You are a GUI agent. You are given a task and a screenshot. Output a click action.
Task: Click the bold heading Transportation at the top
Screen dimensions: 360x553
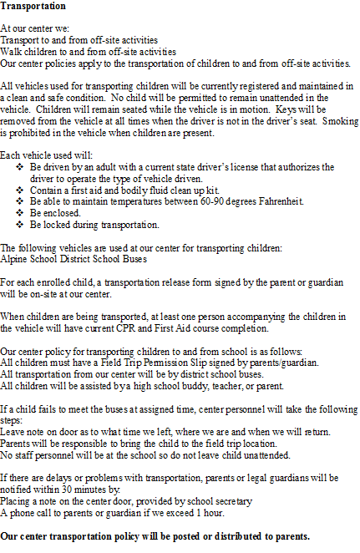pyautogui.click(x=34, y=6)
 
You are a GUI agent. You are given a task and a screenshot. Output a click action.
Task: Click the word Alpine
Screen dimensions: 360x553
pyautogui.click(x=14, y=258)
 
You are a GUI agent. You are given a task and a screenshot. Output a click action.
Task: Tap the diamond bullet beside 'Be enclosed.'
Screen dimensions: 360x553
pyautogui.click(x=19, y=213)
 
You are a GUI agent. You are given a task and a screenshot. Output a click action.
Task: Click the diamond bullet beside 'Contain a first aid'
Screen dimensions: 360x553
pyautogui.click(x=19, y=190)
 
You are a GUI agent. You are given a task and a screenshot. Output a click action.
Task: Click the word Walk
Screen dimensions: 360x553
pyautogui.click(x=12, y=51)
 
